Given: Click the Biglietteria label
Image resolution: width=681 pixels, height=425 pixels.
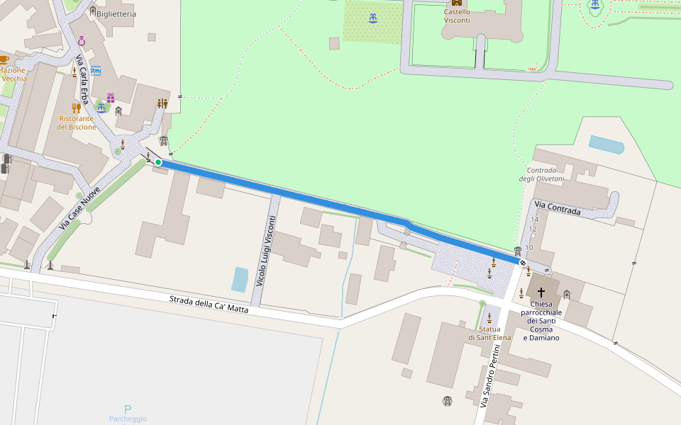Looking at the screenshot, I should point(116,13).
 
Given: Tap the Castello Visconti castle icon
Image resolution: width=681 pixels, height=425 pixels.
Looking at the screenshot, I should point(457,3).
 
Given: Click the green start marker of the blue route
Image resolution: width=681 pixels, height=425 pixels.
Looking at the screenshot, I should point(158,162).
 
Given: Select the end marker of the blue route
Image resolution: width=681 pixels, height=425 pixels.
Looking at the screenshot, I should point(523,263).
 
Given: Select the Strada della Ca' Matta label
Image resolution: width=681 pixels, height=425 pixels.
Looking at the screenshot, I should point(209,304).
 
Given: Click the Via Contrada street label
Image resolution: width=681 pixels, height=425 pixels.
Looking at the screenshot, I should point(558,208).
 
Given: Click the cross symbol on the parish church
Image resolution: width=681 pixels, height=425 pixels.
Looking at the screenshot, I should point(541,292).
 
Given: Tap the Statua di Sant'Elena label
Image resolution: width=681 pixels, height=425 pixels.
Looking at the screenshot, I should point(489,333).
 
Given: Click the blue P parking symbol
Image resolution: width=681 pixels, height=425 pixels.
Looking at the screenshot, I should point(128,409).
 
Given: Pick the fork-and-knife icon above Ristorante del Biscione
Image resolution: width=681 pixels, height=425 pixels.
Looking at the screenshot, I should point(76,108).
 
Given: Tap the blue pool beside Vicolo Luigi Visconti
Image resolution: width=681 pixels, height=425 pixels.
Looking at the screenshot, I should point(240,279).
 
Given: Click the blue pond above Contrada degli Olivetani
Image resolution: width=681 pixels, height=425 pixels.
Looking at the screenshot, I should point(606,144).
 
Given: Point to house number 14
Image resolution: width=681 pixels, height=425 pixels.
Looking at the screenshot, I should point(534,220).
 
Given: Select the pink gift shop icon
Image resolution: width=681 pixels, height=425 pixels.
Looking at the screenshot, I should point(111,98).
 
